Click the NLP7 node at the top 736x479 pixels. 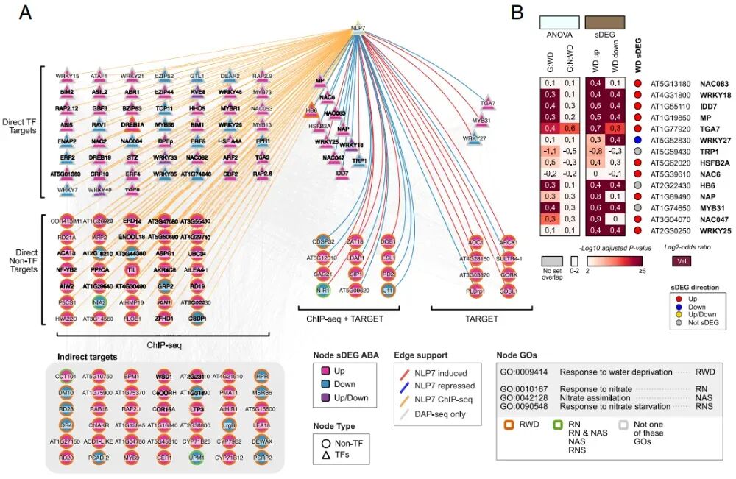click(358, 28)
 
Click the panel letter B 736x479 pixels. click(517, 12)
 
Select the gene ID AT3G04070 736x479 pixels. click(669, 219)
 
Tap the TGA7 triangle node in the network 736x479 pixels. click(487, 104)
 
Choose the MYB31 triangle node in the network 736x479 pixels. click(481, 121)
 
